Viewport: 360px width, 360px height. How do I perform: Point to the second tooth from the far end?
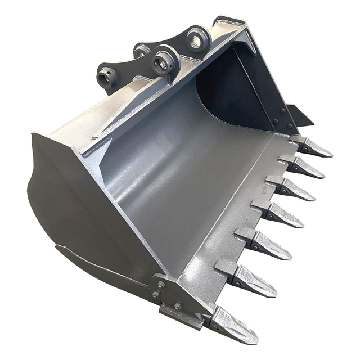click(x=304, y=166)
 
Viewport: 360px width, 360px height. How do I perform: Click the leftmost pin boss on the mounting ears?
click(x=106, y=77)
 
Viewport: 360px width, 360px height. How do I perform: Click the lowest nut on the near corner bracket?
click(x=178, y=307)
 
